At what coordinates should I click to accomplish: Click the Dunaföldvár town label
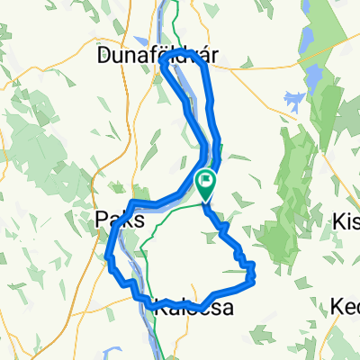point(157,56)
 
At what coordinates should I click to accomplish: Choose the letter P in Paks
point(99,218)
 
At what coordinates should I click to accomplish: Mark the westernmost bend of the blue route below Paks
point(107,261)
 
